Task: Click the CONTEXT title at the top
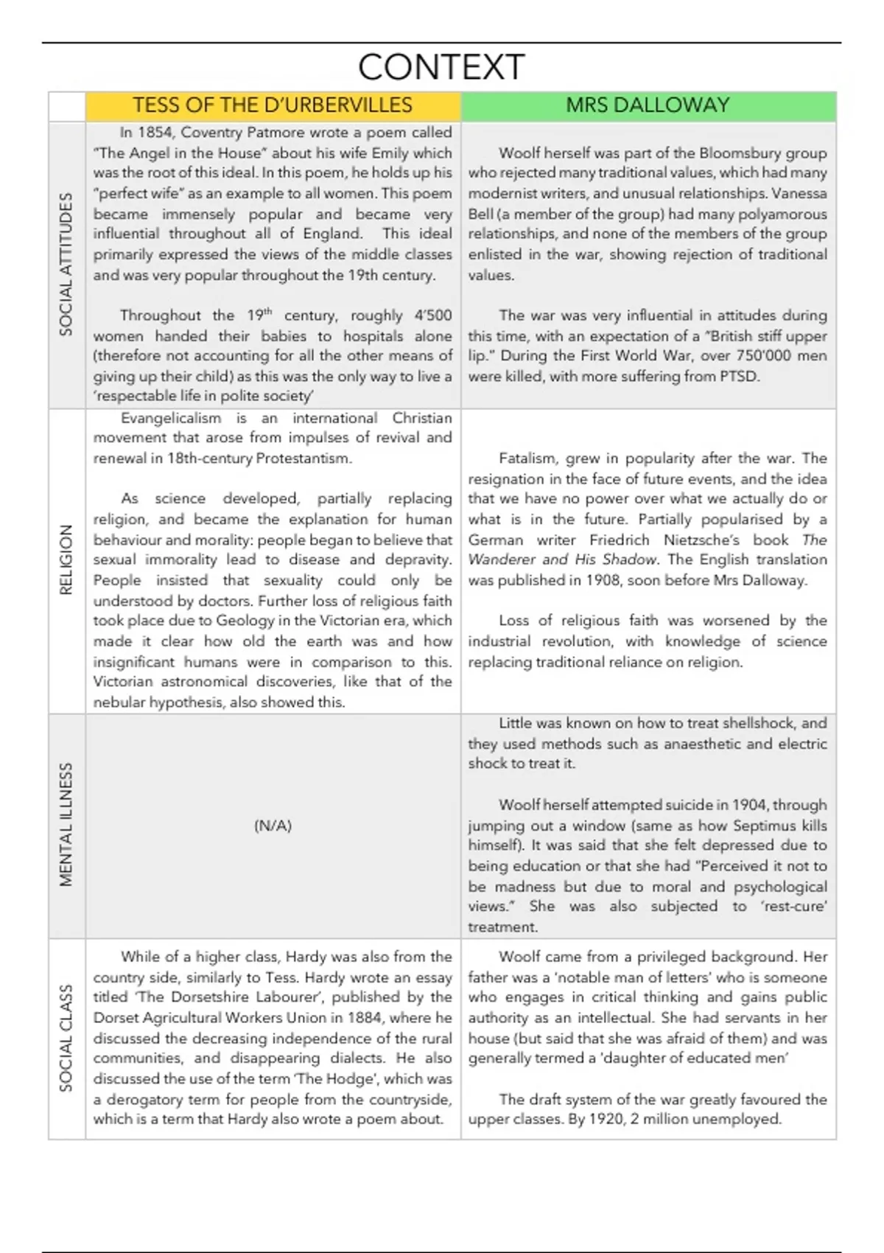pos(441,67)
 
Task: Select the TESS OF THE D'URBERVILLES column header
pos(273,105)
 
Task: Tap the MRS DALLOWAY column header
pos(648,105)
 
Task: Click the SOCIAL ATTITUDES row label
pos(66,264)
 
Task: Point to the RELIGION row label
pos(66,559)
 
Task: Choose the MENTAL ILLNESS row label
pos(66,824)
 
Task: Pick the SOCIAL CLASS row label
pos(66,1038)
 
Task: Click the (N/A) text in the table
pos(273,826)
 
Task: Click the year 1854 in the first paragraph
pos(155,133)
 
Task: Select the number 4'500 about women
pos(432,315)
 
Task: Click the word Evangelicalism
pos(171,418)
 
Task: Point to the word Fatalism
pos(528,458)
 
